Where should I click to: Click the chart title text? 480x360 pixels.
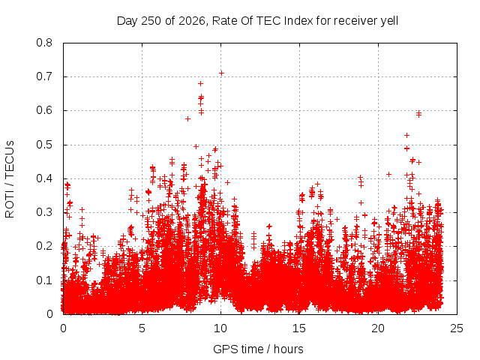(257, 21)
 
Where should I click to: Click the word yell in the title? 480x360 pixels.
(389, 21)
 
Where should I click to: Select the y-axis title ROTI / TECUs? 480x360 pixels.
(10, 179)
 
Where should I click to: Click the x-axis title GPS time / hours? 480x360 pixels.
(258, 349)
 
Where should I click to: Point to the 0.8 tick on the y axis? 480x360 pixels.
(44, 43)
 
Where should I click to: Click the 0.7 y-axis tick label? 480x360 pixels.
(44, 76)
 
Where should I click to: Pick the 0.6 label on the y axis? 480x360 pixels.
(44, 110)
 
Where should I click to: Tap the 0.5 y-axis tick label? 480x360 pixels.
(44, 145)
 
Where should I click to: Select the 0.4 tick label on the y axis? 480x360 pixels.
(44, 178)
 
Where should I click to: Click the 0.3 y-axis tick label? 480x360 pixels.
(44, 212)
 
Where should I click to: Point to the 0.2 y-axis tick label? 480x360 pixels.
(44, 247)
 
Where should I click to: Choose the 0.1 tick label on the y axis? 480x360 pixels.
(44, 280)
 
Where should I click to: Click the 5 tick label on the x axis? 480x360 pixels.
(142, 328)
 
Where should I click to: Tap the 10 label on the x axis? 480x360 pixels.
(220, 328)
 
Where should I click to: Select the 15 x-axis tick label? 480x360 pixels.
(299, 328)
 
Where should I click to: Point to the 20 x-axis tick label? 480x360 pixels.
(378, 328)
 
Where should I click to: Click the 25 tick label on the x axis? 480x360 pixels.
(457, 328)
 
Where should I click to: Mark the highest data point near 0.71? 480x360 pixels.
(222, 73)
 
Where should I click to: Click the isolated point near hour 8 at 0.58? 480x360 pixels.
(188, 118)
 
